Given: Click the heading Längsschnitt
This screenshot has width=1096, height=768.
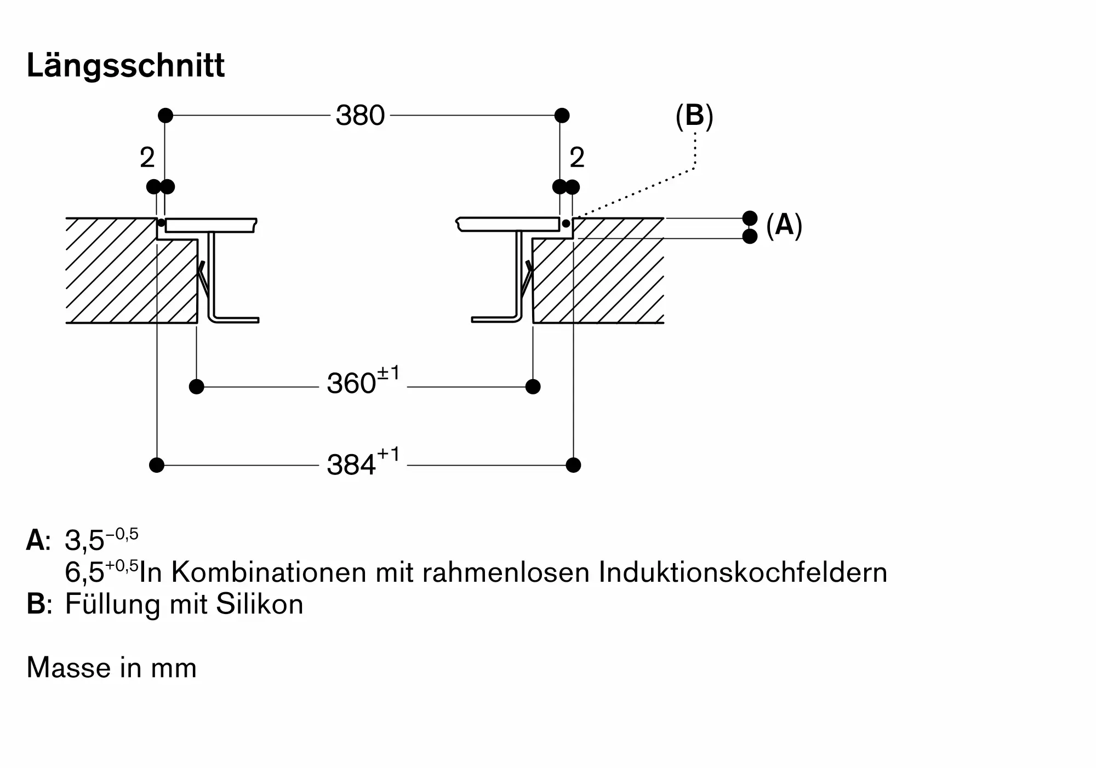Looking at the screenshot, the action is point(125,67).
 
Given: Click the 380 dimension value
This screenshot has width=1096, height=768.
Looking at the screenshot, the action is point(361,116).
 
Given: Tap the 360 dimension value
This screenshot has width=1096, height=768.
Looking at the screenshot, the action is point(351,383).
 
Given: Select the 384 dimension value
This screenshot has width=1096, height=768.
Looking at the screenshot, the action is point(351,465).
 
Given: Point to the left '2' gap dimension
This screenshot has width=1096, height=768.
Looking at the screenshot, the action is point(147,158).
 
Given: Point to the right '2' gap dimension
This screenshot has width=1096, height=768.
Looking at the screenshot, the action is point(577,158).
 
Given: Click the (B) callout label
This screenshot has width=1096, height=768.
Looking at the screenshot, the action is point(694,116).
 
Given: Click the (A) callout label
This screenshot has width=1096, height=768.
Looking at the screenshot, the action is point(784,225).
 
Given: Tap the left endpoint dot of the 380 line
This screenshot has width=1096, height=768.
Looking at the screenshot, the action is point(165,116).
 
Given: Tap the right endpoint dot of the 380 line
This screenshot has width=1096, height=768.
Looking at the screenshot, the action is point(562,116).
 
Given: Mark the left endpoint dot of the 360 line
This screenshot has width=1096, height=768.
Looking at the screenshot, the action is point(197,387).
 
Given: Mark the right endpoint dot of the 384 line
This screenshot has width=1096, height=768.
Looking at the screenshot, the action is point(573,465).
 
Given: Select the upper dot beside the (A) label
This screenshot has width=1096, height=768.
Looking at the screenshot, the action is point(750,218).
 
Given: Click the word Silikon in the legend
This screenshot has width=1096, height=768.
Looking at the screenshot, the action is point(260,604).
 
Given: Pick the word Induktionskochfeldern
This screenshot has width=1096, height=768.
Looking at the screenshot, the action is point(743,572).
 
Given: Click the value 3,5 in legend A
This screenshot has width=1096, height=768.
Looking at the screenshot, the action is point(84,541).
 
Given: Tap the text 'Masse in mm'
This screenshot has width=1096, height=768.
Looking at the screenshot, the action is point(111,668).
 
